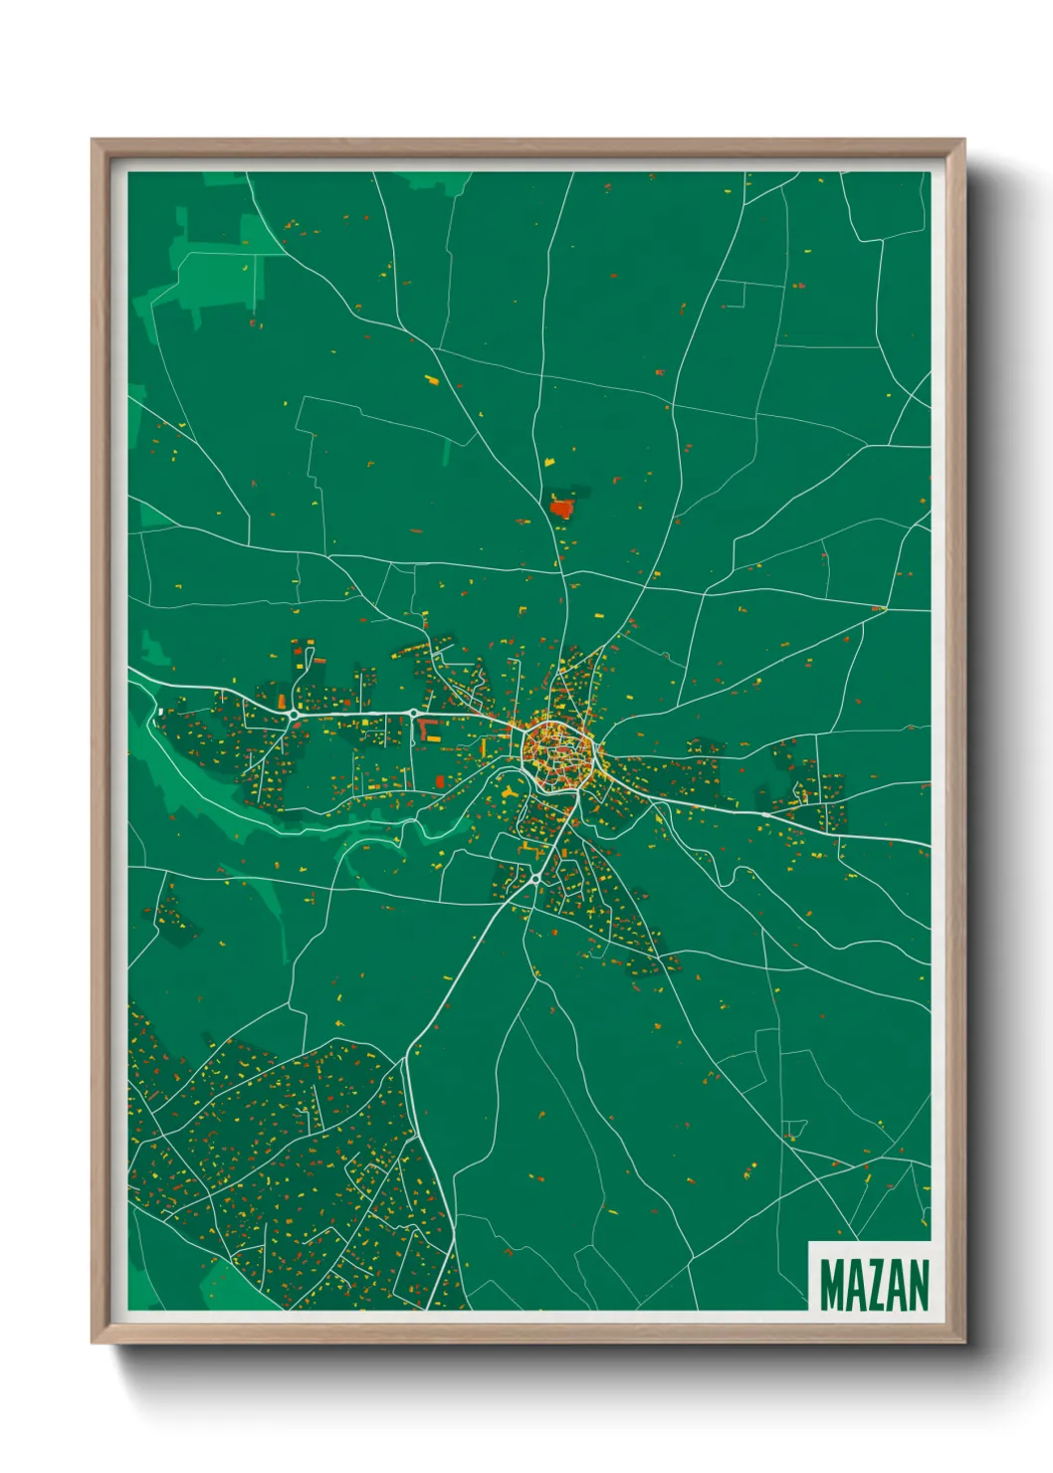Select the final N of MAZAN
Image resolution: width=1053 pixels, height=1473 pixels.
click(919, 1285)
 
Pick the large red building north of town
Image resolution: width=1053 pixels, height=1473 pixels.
click(562, 509)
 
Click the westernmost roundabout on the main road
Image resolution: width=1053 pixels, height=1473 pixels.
click(294, 714)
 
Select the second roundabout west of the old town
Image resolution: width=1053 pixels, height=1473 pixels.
click(413, 714)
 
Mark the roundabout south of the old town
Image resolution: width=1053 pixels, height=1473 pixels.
click(534, 879)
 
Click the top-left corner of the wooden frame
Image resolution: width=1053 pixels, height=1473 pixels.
click(94, 141)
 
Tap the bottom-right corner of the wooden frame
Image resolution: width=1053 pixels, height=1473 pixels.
click(963, 1341)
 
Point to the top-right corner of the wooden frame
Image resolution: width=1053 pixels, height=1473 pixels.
click(963, 141)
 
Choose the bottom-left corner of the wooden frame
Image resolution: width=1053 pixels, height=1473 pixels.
click(94, 1341)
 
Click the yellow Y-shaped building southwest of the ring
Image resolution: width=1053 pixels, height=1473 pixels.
click(509, 792)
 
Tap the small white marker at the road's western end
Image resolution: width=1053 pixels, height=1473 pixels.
click(160, 712)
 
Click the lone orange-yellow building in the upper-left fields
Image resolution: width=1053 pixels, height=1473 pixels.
click(431, 379)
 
